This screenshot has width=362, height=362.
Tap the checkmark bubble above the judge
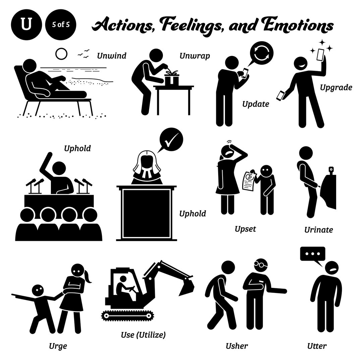[171, 140]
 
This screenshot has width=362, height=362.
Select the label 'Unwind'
[112, 56]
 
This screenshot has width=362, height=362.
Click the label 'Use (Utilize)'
[143, 334]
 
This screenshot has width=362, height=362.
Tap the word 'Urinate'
[318, 230]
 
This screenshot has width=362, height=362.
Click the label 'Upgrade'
[336, 88]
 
